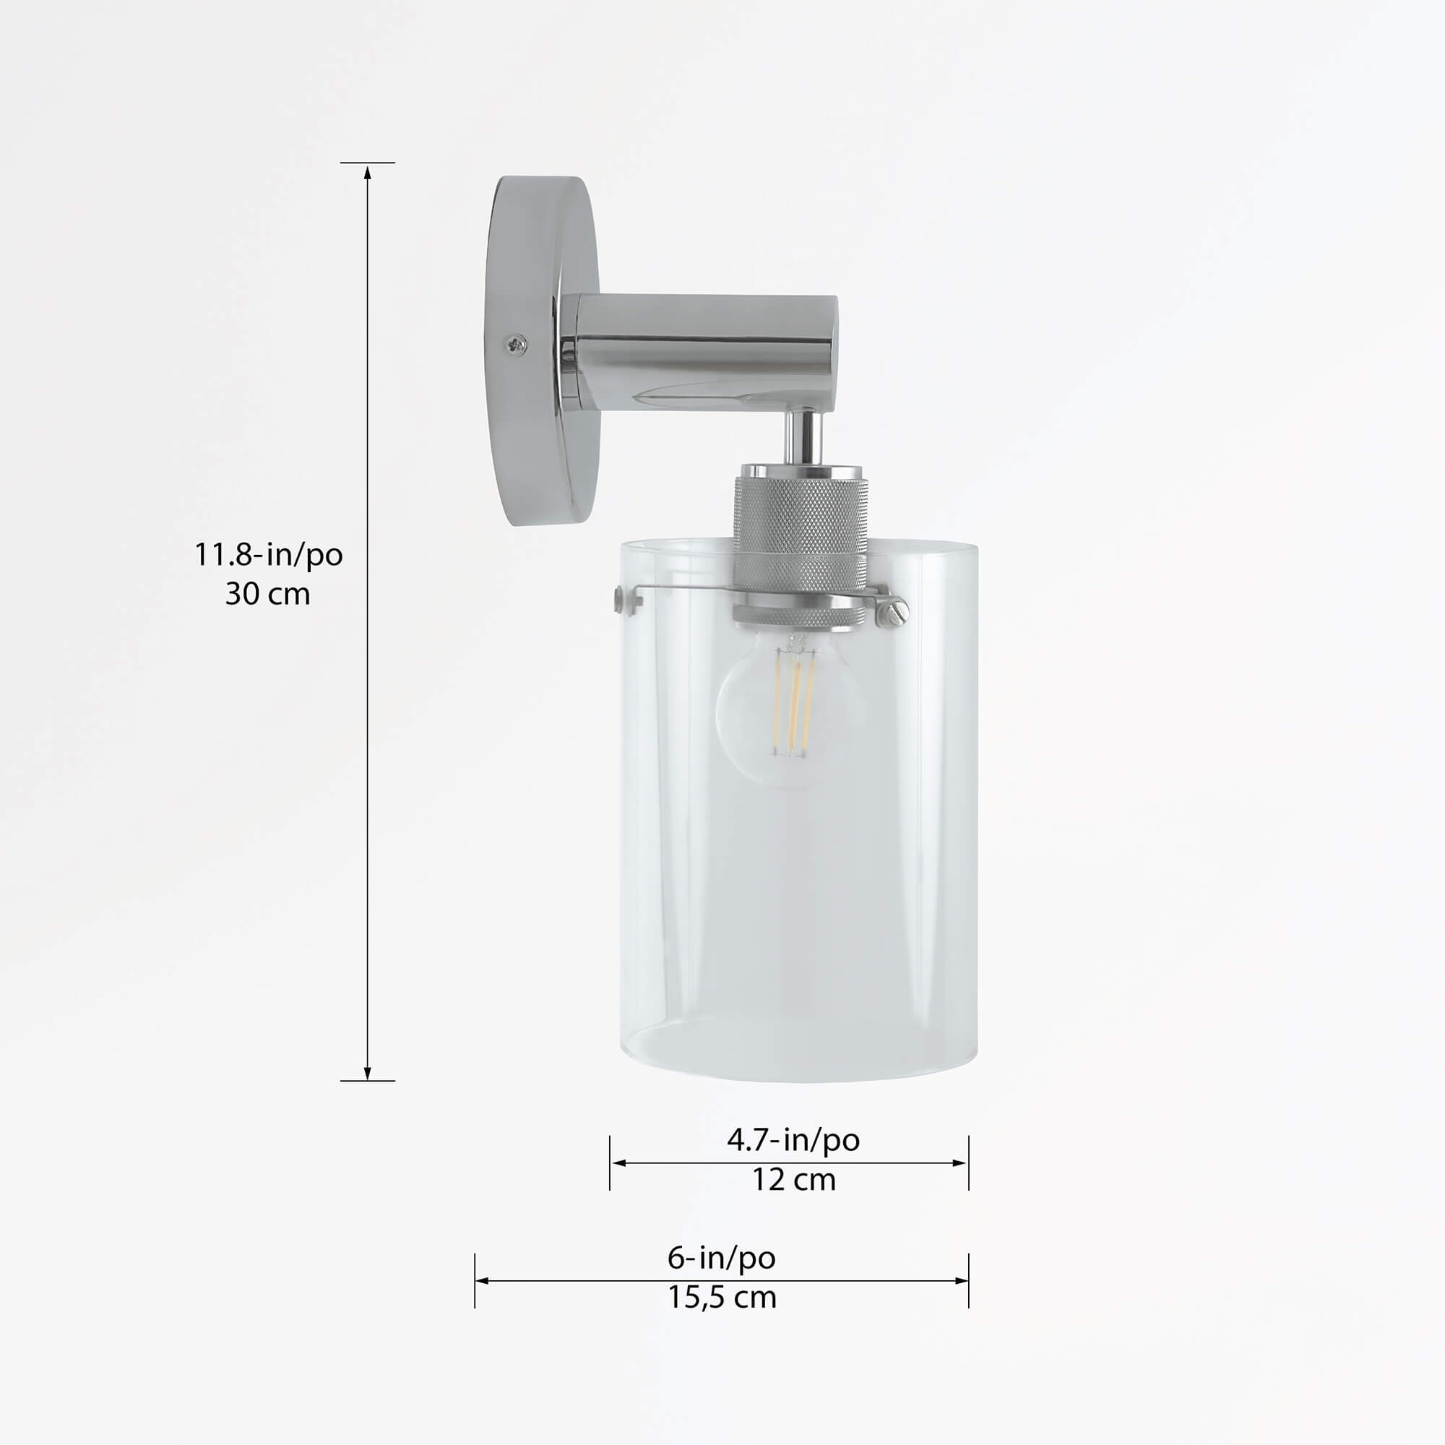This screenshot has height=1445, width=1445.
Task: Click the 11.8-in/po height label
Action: click(x=269, y=555)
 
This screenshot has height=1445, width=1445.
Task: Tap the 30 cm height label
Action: click(x=268, y=594)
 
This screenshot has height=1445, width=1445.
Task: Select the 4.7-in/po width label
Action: click(x=793, y=1140)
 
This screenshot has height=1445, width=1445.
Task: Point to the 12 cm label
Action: click(x=793, y=1180)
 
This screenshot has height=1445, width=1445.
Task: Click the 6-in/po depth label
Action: click(x=721, y=1257)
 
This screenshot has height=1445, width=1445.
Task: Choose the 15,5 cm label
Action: click(x=721, y=1297)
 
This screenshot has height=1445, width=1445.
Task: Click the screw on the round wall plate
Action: click(x=515, y=345)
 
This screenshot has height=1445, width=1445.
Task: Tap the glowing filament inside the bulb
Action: click(x=793, y=703)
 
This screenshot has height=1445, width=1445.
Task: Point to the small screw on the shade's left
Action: click(x=619, y=598)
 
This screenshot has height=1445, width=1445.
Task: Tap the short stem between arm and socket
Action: click(x=804, y=437)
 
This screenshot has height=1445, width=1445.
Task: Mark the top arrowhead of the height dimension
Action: click(x=367, y=173)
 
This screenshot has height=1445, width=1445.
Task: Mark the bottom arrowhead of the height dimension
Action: click(x=367, y=1071)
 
